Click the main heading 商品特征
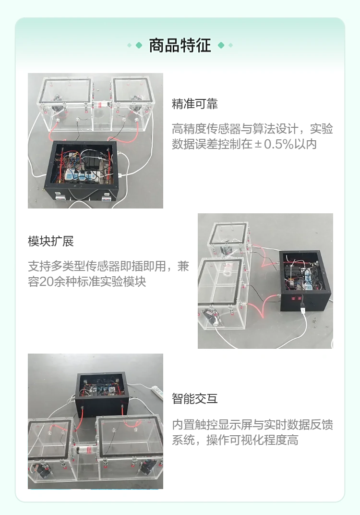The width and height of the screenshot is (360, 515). tap(180, 45)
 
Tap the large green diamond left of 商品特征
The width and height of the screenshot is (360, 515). tap(139, 45)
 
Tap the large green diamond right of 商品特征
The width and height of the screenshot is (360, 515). tap(221, 45)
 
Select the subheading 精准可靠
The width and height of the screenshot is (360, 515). tap(194, 104)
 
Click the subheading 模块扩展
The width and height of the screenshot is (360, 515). tap(51, 241)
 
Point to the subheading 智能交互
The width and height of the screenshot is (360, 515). tap(194, 398)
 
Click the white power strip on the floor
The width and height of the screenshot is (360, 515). tap(157, 392)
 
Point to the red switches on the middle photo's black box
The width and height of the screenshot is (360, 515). tap(296, 298)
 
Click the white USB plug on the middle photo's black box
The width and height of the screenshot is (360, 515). tap(303, 309)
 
